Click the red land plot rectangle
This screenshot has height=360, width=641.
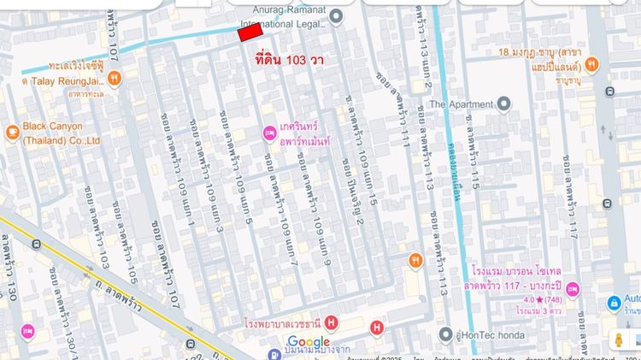[x=250, y=32]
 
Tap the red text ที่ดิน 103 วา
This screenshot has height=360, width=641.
[x=289, y=61]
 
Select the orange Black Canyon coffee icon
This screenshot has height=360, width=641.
[x=12, y=133]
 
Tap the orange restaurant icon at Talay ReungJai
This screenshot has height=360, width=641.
[x=115, y=79]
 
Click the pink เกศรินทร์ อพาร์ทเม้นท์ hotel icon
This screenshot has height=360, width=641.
[x=269, y=133]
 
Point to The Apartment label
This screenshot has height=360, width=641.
[x=462, y=104]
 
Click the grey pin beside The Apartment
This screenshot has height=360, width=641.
[x=504, y=104]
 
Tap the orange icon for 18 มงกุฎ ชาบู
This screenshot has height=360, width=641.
[x=592, y=63]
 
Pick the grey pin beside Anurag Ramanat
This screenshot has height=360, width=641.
[x=336, y=15]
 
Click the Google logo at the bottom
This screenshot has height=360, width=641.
[x=309, y=342]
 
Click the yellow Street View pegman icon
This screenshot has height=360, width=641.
[x=619, y=339]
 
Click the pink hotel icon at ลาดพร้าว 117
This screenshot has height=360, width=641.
[x=572, y=288]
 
